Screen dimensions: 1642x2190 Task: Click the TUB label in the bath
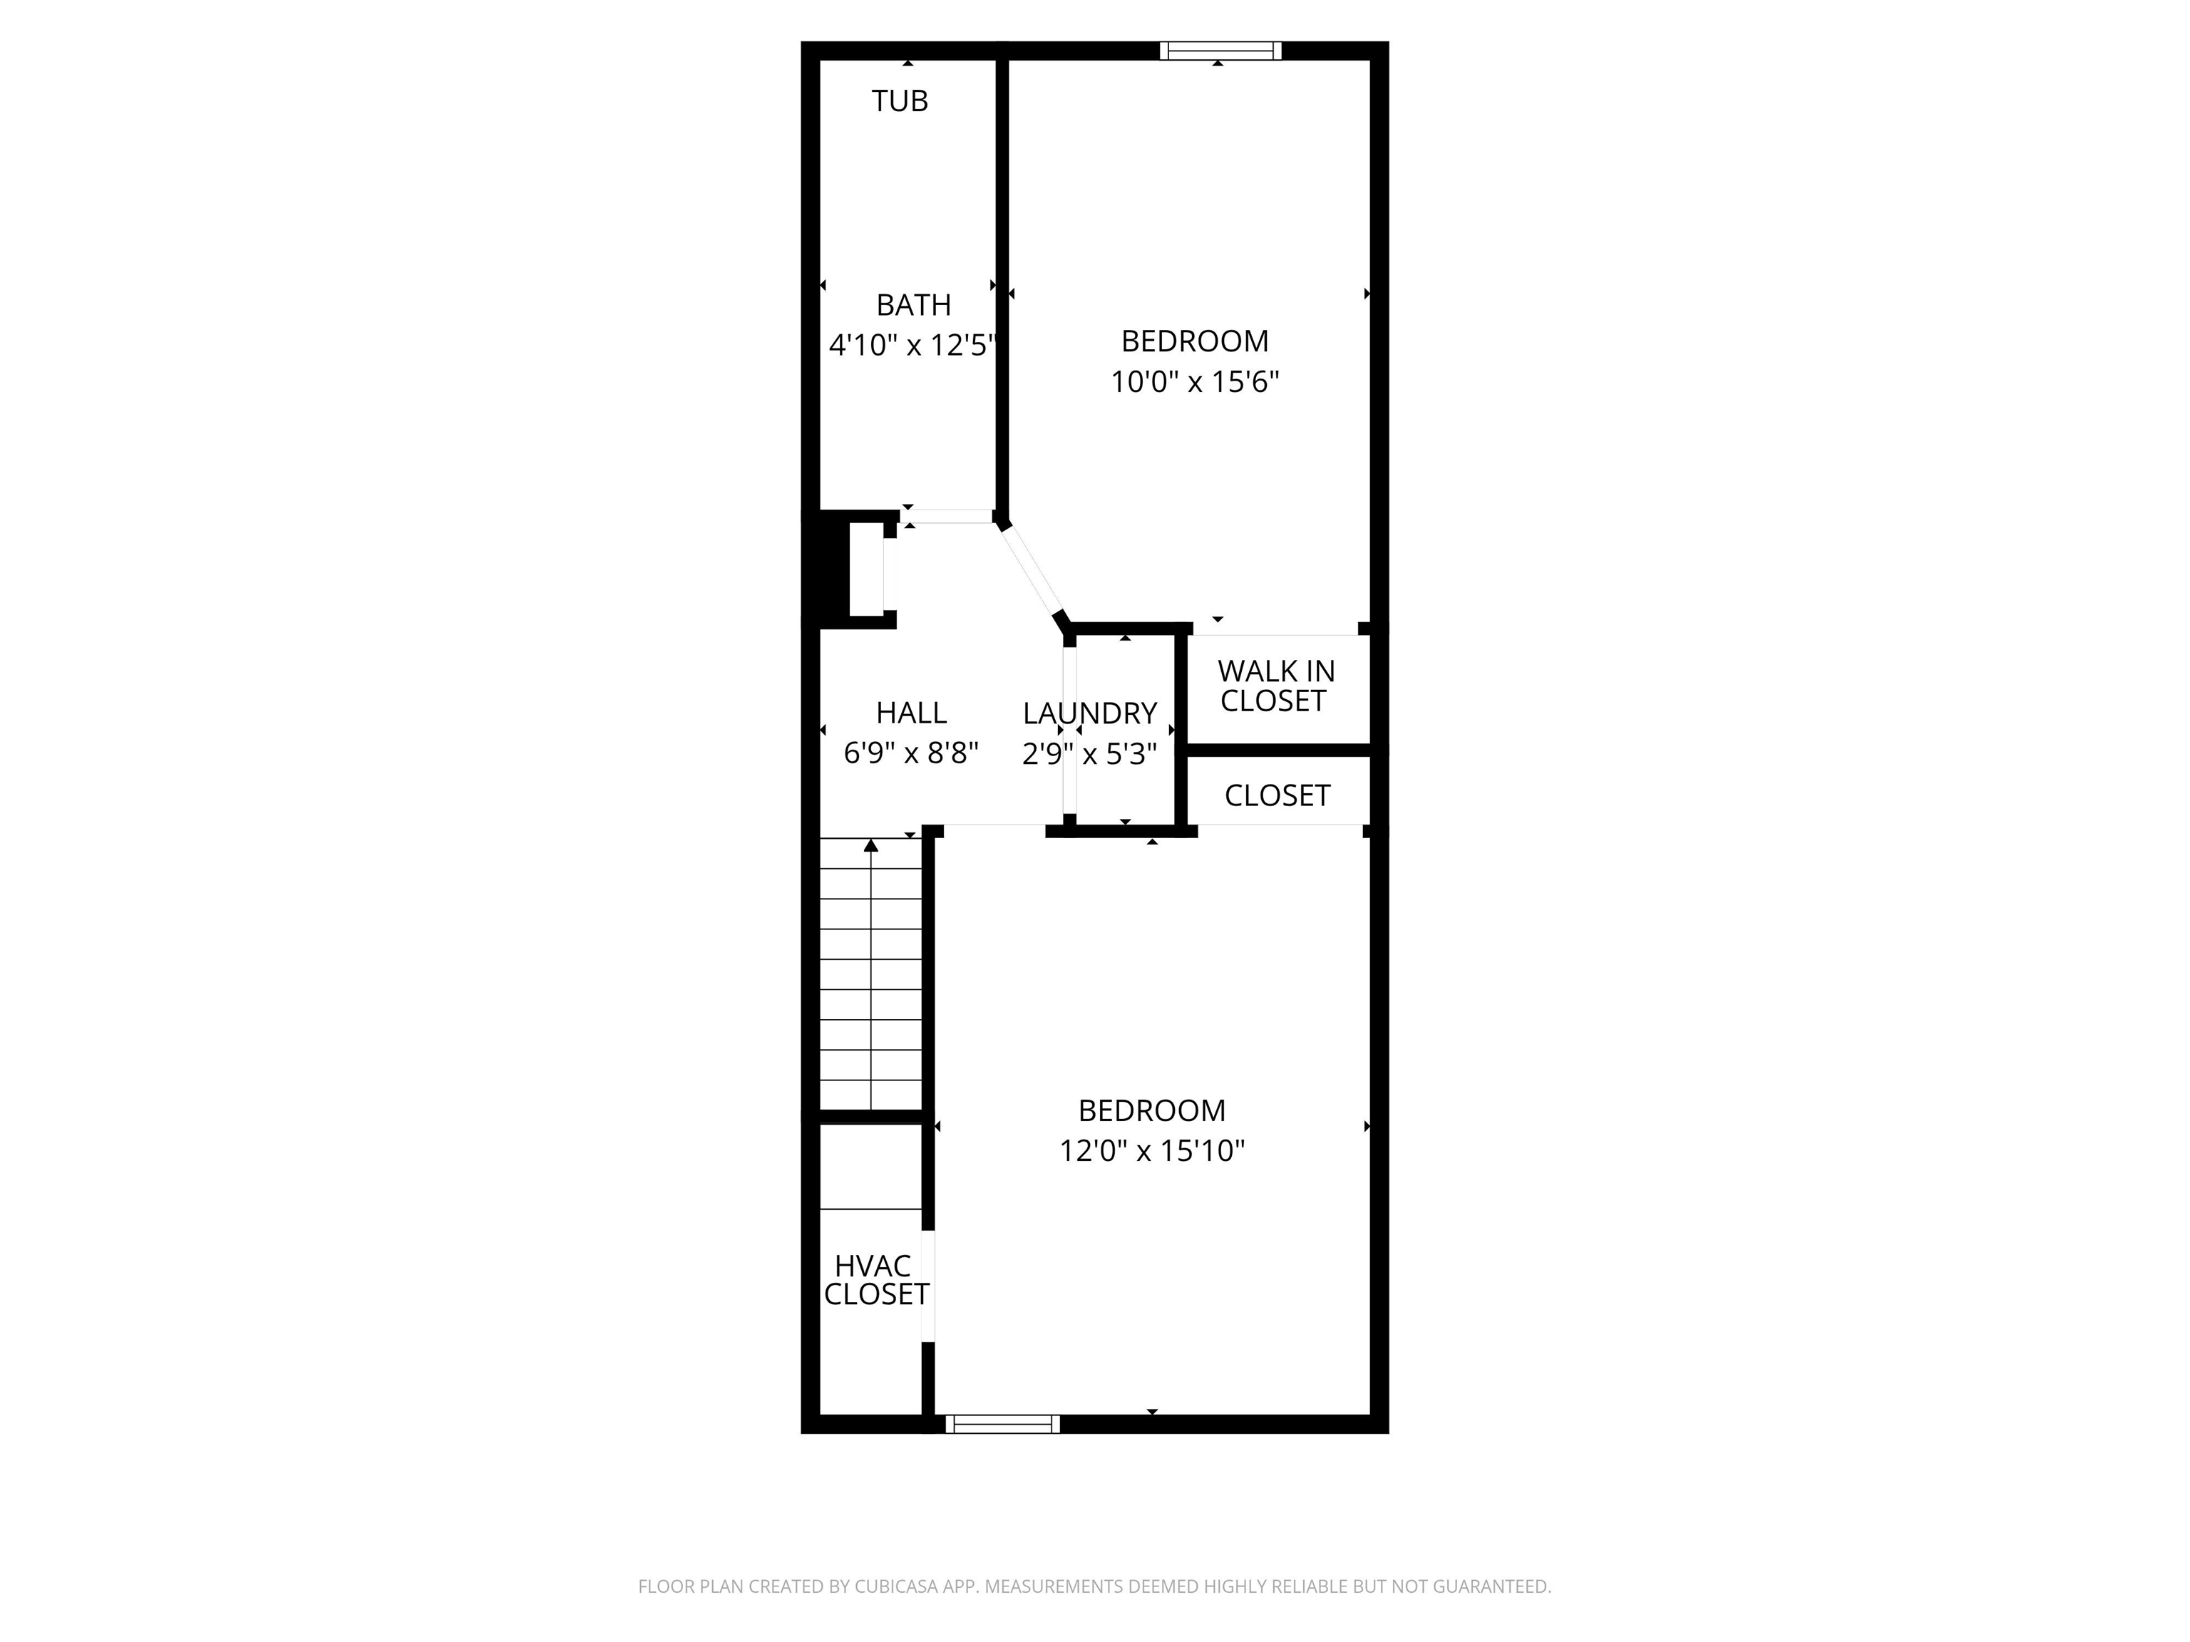click(x=899, y=101)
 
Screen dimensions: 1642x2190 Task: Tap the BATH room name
click(x=912, y=305)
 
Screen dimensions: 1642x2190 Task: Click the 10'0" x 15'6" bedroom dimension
click(x=1194, y=382)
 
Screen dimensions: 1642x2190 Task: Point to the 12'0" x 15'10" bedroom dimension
click(x=1151, y=1151)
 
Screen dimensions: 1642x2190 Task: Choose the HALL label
click(x=911, y=713)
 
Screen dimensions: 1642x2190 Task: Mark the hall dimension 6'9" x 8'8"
click(x=911, y=753)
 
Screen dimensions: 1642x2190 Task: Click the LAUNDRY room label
click(x=1089, y=713)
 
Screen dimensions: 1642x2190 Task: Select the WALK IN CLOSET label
click(x=1275, y=686)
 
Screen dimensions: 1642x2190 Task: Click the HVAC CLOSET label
click(x=876, y=1280)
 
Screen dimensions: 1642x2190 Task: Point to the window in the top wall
click(x=1220, y=51)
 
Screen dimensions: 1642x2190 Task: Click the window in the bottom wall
click(x=1002, y=1423)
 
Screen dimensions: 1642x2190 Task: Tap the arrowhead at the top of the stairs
click(x=870, y=845)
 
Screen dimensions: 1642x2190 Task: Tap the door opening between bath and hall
click(x=947, y=516)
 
